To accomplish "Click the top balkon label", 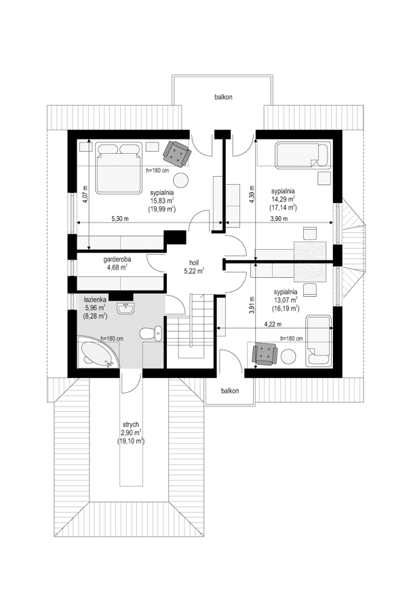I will pyautogui.click(x=224, y=98).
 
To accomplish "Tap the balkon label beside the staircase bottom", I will pyautogui.click(x=231, y=391).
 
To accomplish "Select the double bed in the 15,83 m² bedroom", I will pyautogui.click(x=118, y=167).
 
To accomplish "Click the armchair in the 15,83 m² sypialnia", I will pyautogui.click(x=178, y=152).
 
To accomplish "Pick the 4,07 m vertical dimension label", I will pyautogui.click(x=86, y=195).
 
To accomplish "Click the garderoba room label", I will pyautogui.click(x=117, y=259).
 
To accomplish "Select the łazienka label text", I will pyautogui.click(x=94, y=299).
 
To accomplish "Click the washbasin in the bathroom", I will pyautogui.click(x=127, y=310).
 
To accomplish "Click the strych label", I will pyautogui.click(x=132, y=423).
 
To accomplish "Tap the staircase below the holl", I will pyautogui.click(x=191, y=332).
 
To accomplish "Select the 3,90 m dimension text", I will pyautogui.click(x=279, y=219).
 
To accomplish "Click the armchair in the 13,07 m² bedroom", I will pyautogui.click(x=263, y=354).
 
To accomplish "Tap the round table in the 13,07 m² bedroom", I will pyautogui.click(x=290, y=358).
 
